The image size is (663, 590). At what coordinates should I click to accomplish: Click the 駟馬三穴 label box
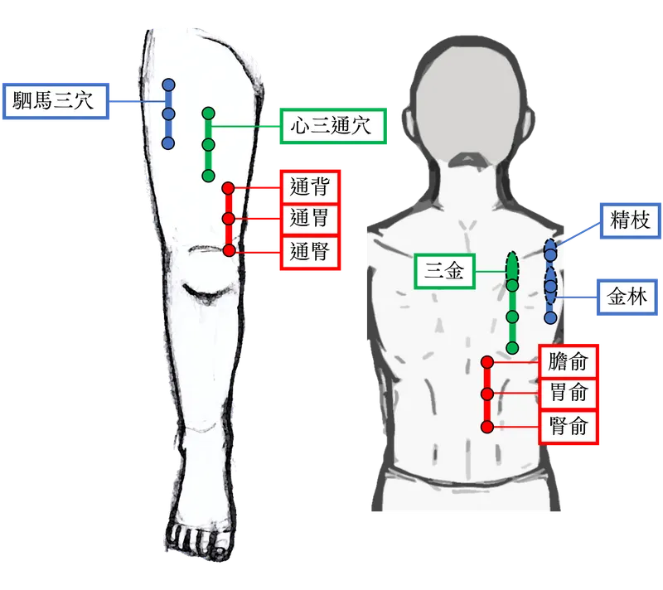56,102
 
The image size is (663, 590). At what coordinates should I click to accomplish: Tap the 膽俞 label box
568,362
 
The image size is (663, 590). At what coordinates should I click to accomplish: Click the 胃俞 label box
568,394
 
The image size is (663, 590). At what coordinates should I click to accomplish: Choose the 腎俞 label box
568,426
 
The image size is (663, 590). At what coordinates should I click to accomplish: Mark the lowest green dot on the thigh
208,176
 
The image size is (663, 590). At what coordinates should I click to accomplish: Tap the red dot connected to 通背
230,189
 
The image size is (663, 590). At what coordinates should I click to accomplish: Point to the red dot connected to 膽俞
487,362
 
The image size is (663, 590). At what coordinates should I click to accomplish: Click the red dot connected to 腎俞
487,426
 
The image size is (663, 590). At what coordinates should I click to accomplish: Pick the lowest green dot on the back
512,346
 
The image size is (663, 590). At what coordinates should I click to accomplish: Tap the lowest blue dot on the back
550,317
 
